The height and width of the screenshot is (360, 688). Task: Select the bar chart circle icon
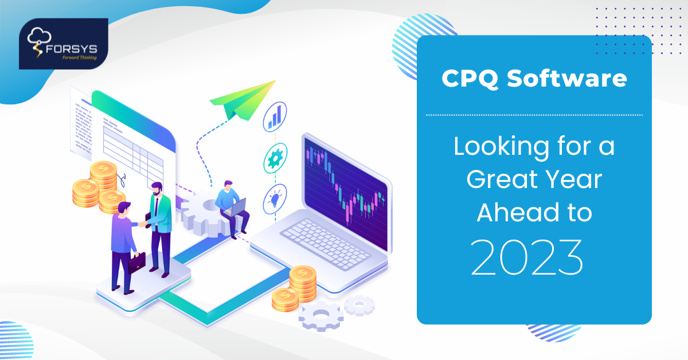coord(276,115)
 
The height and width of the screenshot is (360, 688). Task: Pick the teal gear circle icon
coord(276,158)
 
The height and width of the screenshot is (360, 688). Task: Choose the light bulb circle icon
coord(275,198)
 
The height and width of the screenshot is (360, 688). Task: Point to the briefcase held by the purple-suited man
coord(136,263)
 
